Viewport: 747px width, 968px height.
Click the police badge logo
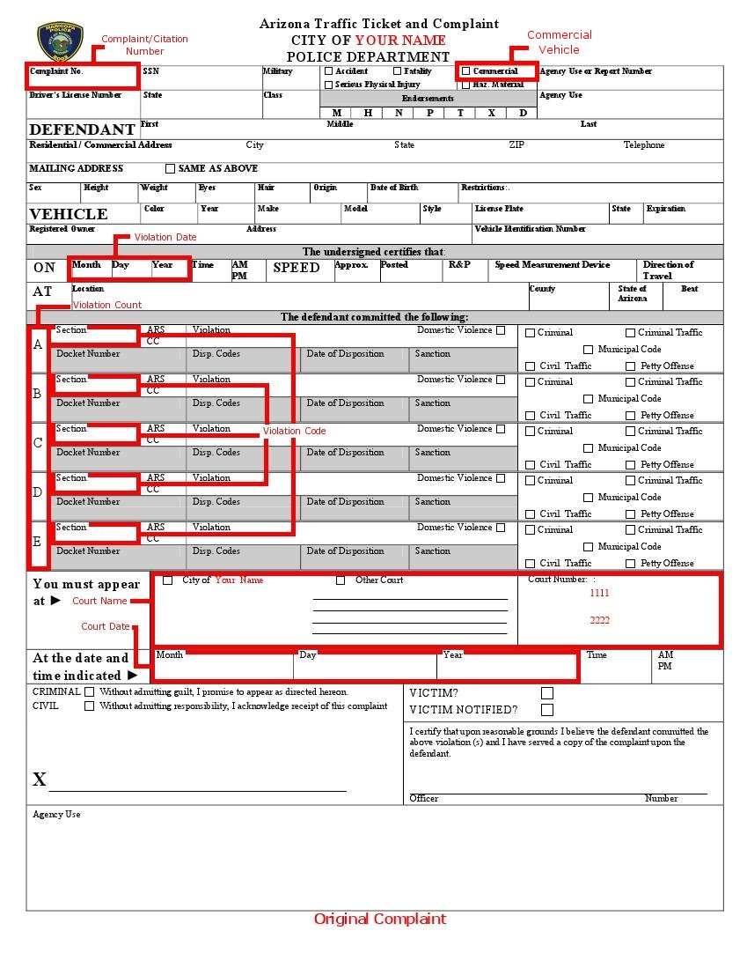coord(60,41)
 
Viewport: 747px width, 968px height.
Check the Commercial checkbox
coord(466,71)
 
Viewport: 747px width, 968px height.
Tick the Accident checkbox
coord(329,71)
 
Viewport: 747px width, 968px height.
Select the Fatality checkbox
coord(398,71)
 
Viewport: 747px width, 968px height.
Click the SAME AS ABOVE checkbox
coord(171,169)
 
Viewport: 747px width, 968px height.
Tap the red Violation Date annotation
coord(165,237)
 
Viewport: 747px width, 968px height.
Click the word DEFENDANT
coord(82,129)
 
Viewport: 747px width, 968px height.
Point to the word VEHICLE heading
coord(69,214)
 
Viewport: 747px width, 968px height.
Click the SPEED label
coord(297,268)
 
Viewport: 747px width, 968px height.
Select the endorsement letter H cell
coord(368,113)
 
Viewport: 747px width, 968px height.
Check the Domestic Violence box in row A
coord(501,331)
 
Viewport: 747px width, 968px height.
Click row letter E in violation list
coord(38,542)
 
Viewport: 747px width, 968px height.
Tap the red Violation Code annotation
coord(294,431)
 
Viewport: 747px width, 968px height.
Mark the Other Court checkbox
coord(341,580)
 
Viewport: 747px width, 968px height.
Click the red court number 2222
coord(599,621)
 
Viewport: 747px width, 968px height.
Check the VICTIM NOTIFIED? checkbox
coord(547,710)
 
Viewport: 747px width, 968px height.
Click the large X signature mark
coord(40,780)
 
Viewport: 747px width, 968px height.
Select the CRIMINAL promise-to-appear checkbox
coord(89,692)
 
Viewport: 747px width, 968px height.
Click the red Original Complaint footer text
coord(380,919)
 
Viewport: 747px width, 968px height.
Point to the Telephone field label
coord(644,145)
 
